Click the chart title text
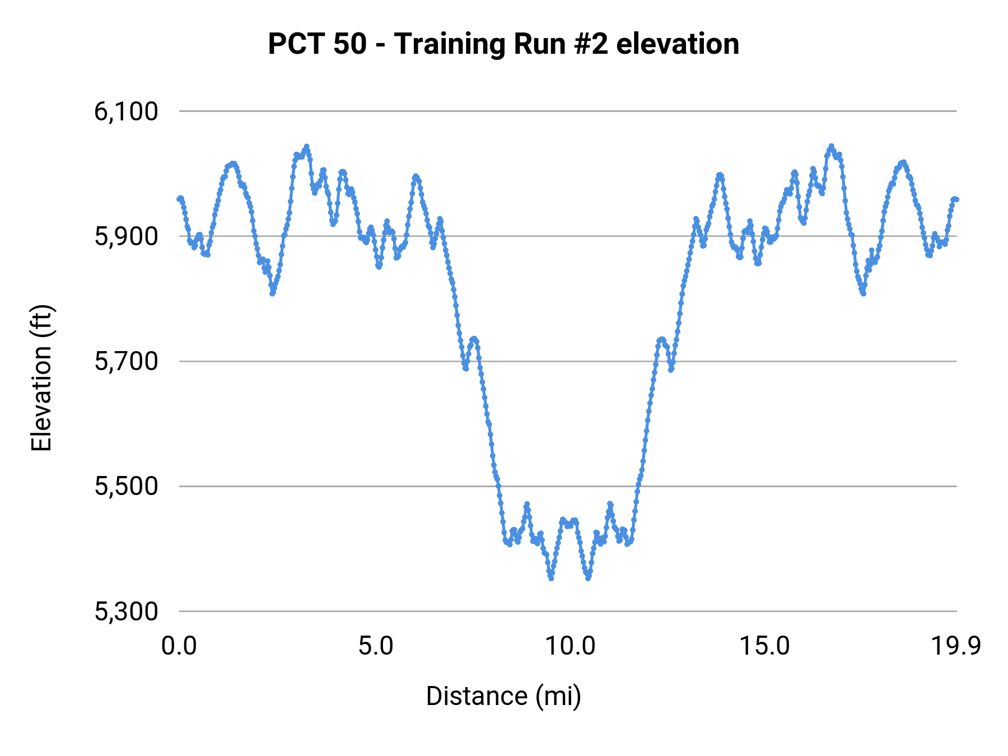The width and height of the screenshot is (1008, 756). (503, 44)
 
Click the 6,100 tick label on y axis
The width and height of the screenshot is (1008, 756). (126, 111)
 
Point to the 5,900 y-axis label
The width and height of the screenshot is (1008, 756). (126, 236)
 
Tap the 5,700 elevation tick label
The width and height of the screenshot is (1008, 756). (126, 361)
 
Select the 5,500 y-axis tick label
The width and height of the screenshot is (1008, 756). (126, 486)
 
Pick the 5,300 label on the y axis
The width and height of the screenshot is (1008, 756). (126, 612)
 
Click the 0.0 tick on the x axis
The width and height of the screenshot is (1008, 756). (179, 646)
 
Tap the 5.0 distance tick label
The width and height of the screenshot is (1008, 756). (376, 646)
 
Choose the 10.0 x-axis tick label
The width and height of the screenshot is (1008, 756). (570, 646)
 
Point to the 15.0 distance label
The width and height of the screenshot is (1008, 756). (764, 646)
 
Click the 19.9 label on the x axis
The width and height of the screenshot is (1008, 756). (956, 646)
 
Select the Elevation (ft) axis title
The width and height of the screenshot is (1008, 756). (41, 378)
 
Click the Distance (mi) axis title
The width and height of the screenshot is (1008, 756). (503, 696)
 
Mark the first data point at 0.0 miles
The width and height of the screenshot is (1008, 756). (180, 199)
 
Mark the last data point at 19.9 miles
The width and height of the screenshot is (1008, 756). (956, 199)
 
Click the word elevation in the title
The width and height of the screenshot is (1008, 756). (678, 44)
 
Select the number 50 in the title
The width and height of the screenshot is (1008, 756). (350, 44)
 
